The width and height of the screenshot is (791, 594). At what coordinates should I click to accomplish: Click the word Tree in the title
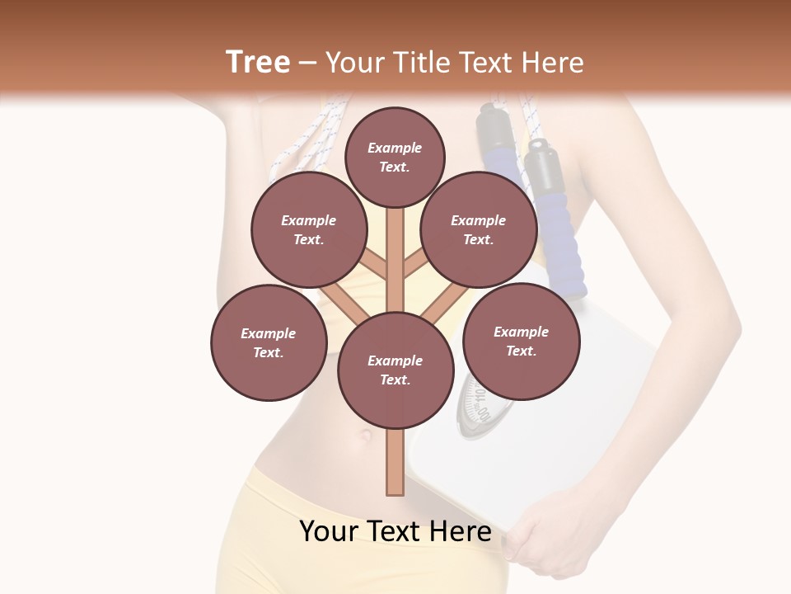pyautogui.click(x=258, y=63)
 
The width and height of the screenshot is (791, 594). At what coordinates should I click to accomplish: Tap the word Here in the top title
pyautogui.click(x=553, y=63)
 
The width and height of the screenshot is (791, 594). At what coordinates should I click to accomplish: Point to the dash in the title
pyautogui.click(x=308, y=64)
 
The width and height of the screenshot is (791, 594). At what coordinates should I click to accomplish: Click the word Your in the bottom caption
pyautogui.click(x=330, y=531)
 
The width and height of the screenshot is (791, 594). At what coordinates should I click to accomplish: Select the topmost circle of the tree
pyautogui.click(x=395, y=157)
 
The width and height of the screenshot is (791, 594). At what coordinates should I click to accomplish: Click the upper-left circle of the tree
pyautogui.click(x=309, y=229)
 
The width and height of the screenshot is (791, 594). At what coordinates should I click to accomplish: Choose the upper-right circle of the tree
pyautogui.click(x=479, y=229)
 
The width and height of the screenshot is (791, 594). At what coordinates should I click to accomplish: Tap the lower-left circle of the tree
pyautogui.click(x=269, y=342)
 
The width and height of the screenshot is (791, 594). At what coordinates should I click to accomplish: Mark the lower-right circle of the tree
pyautogui.click(x=521, y=341)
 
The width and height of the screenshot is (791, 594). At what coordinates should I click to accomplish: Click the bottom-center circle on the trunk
pyautogui.click(x=395, y=370)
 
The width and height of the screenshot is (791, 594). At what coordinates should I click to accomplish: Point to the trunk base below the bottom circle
pyautogui.click(x=395, y=466)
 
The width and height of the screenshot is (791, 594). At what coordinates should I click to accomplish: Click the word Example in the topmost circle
pyautogui.click(x=395, y=148)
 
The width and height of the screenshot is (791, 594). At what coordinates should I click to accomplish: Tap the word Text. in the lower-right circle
pyautogui.click(x=521, y=351)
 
